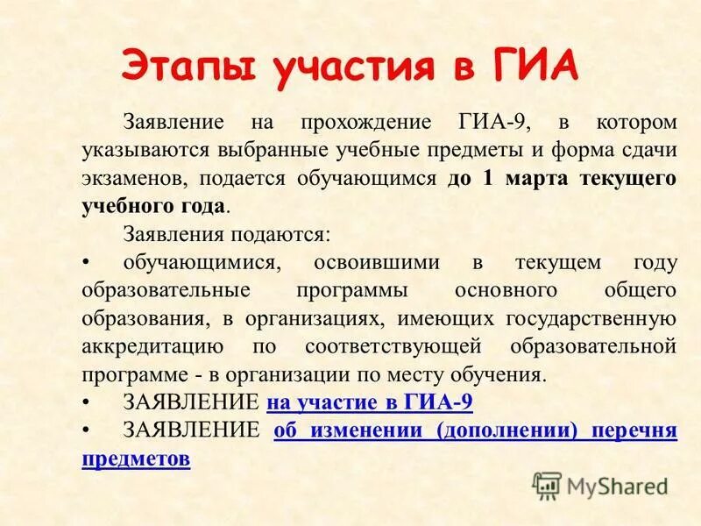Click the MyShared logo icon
point(548,486)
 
